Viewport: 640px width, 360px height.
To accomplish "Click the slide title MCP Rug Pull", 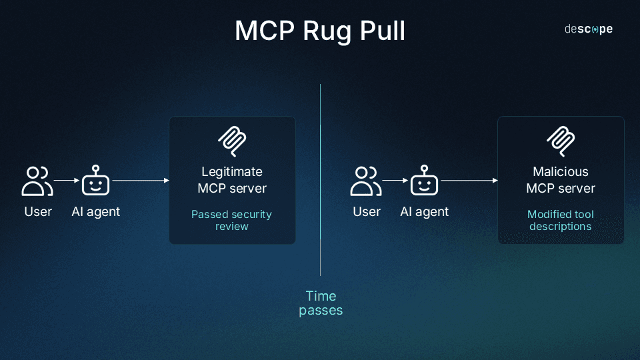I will (x=320, y=31).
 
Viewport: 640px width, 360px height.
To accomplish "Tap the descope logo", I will (x=588, y=29).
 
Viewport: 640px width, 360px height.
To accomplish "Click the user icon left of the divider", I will (x=37, y=181).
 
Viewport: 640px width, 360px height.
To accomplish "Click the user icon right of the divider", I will (x=366, y=181).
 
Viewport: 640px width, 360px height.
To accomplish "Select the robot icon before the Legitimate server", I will (x=95, y=181).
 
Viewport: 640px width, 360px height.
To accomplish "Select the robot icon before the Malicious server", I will (x=424, y=181).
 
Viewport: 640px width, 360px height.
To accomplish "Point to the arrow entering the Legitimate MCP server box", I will (x=140, y=181).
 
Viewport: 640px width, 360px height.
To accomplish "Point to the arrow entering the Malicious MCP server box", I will (x=469, y=181).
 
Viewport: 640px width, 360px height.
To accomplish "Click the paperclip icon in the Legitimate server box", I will (x=232, y=140).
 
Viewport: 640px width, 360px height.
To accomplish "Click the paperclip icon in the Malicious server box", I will (x=561, y=140).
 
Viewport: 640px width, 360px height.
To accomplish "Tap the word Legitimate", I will (x=232, y=171).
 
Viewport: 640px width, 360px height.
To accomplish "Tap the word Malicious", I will (x=561, y=171).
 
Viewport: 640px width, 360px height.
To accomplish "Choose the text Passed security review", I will (x=231, y=220).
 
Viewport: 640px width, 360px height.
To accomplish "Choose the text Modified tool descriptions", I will (x=561, y=220).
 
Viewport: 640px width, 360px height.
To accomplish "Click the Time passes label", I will (x=321, y=303).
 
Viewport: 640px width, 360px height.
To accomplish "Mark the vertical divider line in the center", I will (x=321, y=180).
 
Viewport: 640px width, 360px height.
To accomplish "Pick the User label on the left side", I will (x=38, y=212).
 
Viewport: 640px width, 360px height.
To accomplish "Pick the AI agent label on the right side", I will (x=425, y=212).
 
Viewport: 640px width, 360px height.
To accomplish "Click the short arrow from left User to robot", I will (x=66, y=180).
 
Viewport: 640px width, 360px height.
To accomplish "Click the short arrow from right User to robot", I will (x=395, y=180).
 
